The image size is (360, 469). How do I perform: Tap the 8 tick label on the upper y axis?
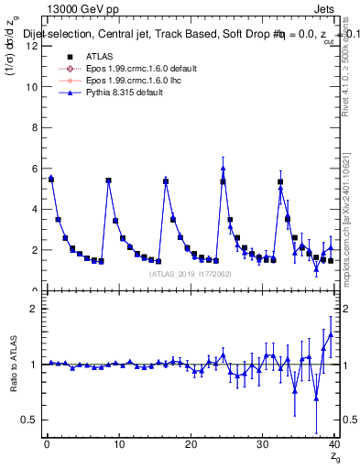34,127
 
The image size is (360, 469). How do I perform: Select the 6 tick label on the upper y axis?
34,169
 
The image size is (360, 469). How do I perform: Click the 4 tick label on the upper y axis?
34,209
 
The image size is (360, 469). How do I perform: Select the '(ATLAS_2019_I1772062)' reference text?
191,274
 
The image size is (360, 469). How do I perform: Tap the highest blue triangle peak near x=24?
223,169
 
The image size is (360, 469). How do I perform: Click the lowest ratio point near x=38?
317,398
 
